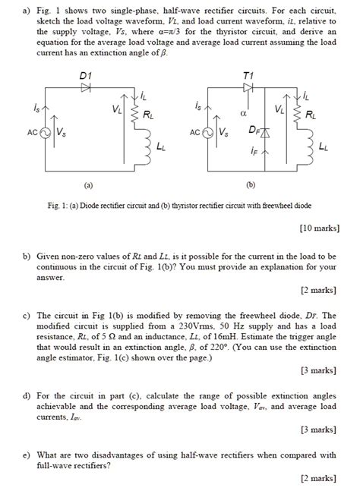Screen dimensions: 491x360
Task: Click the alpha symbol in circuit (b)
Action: click(243, 112)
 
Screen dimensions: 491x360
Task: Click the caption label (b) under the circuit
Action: click(250, 184)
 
